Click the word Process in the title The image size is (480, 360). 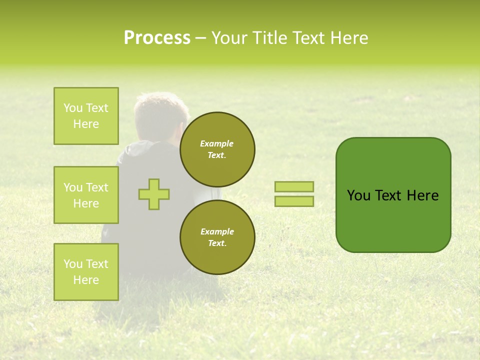coord(157,38)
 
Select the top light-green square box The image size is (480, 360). coord(86,116)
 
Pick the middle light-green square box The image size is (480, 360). coord(86,195)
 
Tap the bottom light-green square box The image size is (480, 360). coord(86,272)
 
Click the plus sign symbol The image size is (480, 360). coord(154,194)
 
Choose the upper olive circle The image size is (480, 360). coord(217,149)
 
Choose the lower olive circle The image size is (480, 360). coord(217,237)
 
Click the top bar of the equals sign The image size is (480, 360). coord(294,186)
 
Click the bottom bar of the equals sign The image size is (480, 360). coord(294,201)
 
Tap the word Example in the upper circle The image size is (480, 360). coord(217,143)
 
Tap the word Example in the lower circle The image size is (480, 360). coord(217,231)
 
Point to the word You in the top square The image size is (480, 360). coord(73,108)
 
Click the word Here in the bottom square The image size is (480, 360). coord(86,280)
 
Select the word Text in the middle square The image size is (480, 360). coord(97,187)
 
